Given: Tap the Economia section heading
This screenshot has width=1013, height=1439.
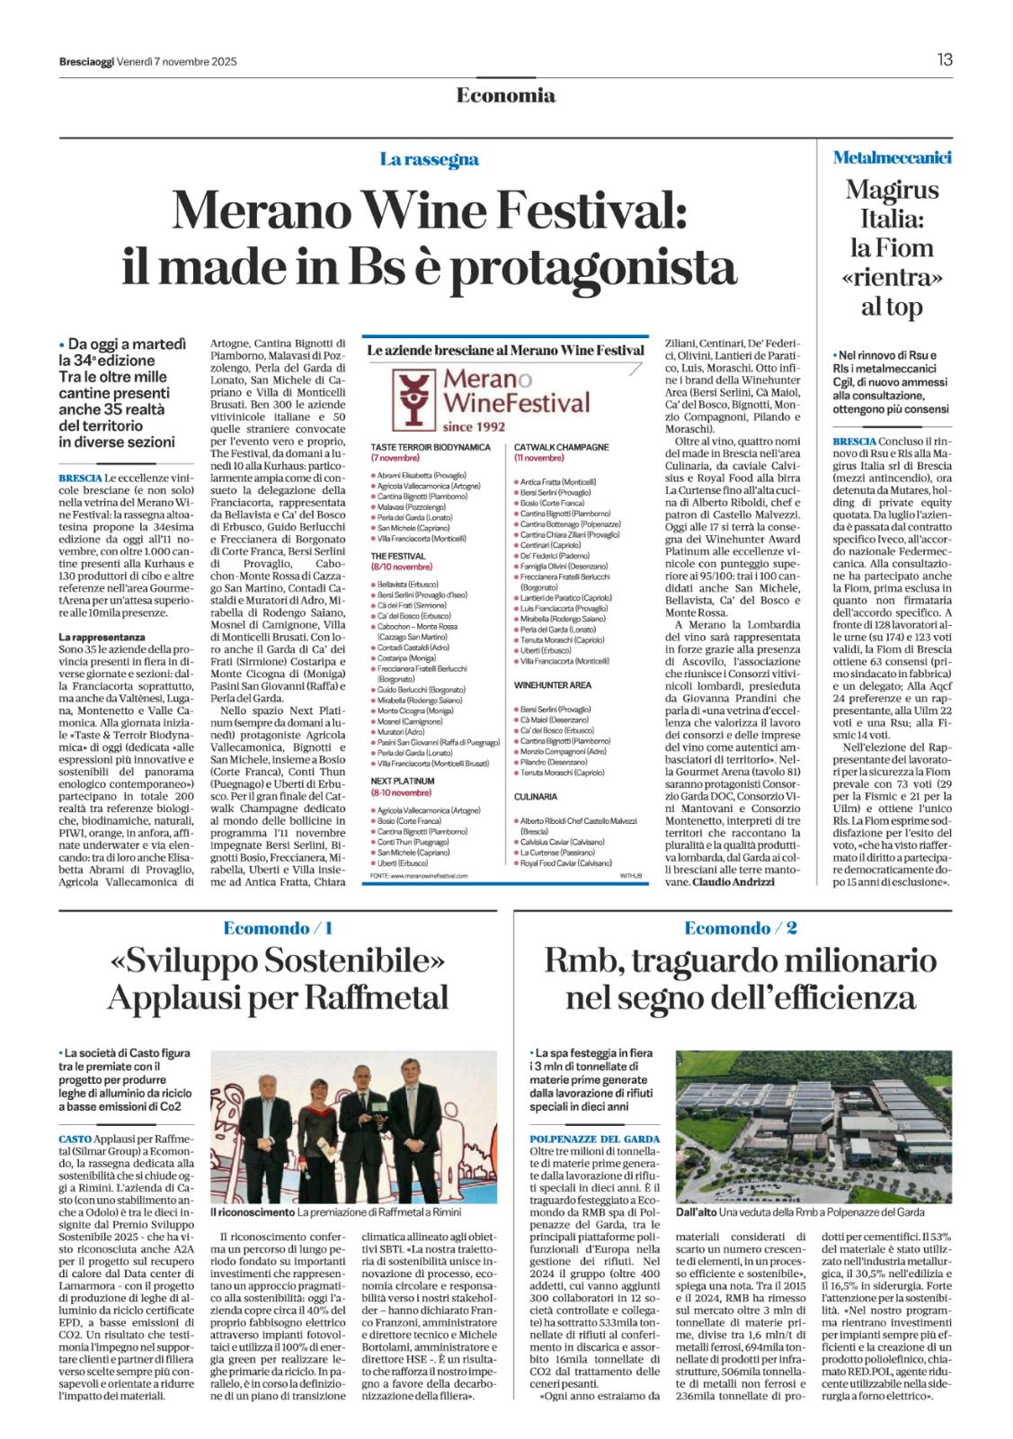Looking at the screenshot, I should point(506,95).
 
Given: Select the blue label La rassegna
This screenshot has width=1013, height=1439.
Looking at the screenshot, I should point(429,160).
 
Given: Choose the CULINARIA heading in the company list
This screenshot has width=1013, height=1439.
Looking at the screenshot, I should point(537,797).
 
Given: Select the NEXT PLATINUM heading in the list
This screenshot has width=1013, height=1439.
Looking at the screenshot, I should point(403,782).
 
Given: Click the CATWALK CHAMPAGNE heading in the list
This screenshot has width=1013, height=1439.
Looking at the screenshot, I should point(562,447).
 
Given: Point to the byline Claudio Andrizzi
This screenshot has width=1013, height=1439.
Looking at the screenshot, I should point(733,882).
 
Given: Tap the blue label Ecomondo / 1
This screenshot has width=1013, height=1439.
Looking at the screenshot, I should point(279,928).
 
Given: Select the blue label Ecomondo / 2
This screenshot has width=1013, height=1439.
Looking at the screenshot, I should point(741,928).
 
